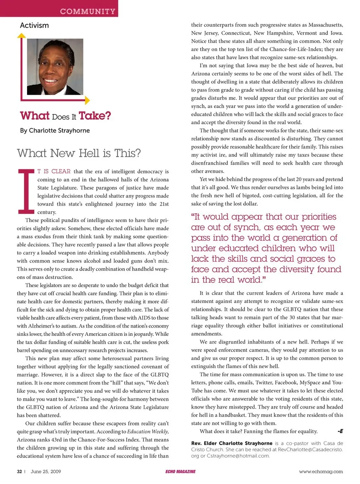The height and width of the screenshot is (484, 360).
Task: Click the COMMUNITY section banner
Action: pyautogui.click(x=87, y=11)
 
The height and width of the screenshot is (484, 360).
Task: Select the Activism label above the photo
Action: pyautogui.click(x=34, y=26)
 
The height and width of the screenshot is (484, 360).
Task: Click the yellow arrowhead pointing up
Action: pyautogui.click(x=22, y=36)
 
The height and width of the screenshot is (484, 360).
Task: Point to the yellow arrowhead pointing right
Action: pyautogui.click(x=88, y=100)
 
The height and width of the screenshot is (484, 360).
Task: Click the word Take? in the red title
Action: pyautogui.click(x=95, y=116)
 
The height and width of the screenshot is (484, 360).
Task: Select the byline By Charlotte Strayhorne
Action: pyautogui.click(x=55, y=131)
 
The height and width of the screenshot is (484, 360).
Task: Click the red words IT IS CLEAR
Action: pyautogui.click(x=54, y=171)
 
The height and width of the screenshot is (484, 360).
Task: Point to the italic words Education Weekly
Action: pyautogui.click(x=148, y=431)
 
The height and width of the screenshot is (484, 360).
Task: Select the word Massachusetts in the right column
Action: pyautogui.click(x=325, y=25)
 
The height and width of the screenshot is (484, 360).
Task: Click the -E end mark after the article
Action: pyautogui.click(x=340, y=431)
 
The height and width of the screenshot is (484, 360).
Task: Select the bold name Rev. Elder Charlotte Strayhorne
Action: pyautogui.click(x=232, y=443)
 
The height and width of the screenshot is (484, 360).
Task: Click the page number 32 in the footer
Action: pyautogui.click(x=19, y=472)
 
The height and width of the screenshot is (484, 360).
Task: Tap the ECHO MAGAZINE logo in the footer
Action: pyautogui.click(x=180, y=472)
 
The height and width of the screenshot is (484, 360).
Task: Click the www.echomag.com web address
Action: pyautogui.click(x=321, y=472)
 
